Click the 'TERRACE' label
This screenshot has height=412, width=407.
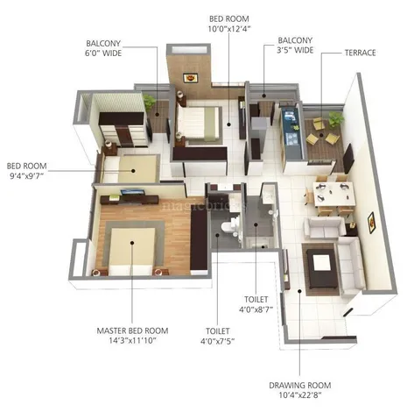(x=361, y=53)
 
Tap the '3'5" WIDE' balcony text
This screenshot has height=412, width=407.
(x=295, y=52)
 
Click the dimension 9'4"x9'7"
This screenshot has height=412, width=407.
(x=25, y=175)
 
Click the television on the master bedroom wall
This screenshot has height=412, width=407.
(x=131, y=193)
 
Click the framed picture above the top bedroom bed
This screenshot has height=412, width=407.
(x=190, y=77)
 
